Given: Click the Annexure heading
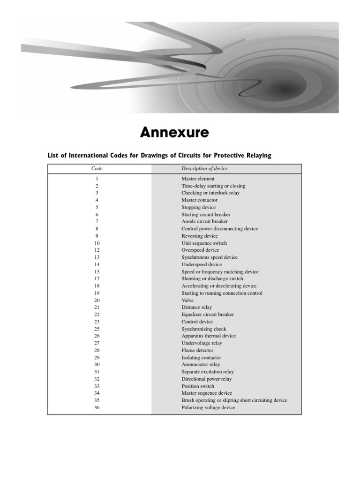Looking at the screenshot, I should coord(174,133).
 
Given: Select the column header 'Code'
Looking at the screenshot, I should coord(97,168).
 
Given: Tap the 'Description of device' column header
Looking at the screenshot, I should coord(204,168).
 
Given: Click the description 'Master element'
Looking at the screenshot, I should coord(198,179).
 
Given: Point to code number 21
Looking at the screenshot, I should coord(97,307).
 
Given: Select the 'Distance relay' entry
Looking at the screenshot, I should coord(196,307).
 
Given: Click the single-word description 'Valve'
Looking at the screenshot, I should coord(187,300).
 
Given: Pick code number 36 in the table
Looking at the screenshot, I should coord(97,408).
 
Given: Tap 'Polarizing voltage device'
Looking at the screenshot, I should coord(208,408).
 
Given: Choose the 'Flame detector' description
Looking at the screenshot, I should coord(197,350).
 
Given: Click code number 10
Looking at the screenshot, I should coord(97,243).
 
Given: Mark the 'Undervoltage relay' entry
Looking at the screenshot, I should coord(202,343).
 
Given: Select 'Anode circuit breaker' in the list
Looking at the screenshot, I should coord(204,221).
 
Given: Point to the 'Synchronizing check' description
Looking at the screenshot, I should coord(203,329).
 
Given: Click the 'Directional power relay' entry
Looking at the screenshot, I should coord(206,379).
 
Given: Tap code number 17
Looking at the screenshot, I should coord(97,279).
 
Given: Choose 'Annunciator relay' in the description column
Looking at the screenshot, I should coord(201,365).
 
